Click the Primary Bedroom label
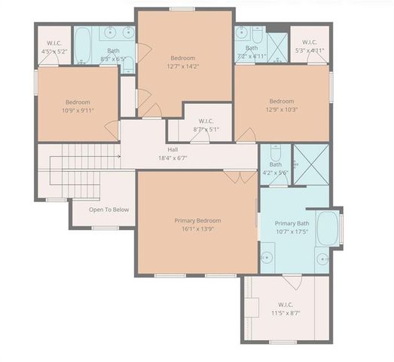point(197,220)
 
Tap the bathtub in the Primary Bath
point(328,228)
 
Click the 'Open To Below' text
point(109,210)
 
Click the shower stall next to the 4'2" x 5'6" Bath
point(310,164)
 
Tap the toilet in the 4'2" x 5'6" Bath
point(275,152)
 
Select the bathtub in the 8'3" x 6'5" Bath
point(83,45)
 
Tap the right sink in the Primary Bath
point(322,259)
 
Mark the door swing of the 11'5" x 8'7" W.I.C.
point(293,282)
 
